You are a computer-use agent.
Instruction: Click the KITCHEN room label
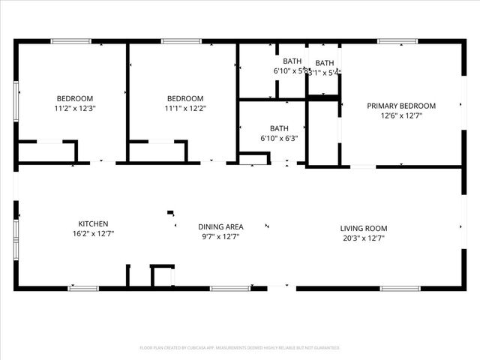94,223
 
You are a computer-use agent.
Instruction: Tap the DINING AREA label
220,226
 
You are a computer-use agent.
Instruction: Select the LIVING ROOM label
363,229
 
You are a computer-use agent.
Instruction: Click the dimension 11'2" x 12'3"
75,108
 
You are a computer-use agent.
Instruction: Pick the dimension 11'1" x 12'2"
184,108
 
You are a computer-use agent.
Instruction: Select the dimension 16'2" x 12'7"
94,233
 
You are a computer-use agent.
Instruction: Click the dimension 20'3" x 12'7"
363,238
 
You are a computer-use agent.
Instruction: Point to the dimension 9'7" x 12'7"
220,236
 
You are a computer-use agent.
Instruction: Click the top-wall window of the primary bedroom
397,41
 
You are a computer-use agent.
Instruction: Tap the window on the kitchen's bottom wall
83,288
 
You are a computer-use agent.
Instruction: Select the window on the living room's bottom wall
400,288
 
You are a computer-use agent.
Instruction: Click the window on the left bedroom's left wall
16,100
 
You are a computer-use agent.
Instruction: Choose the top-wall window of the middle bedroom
181,41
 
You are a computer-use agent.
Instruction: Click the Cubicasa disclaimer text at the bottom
240,348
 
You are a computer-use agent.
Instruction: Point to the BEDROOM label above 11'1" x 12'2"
184,98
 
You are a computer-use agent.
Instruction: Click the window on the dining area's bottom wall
229,288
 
